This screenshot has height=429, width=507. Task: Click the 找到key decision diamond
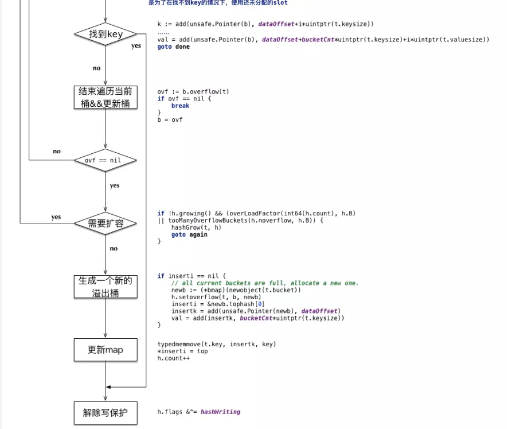[106, 34]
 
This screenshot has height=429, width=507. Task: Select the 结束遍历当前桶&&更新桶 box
[106, 98]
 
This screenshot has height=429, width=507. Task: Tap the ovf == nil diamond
[106, 160]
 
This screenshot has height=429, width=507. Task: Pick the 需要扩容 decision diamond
[106, 223]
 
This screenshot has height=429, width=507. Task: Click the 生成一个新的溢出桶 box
[106, 287]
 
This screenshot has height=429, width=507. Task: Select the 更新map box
[106, 350]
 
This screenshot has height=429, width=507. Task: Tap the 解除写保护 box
[106, 412]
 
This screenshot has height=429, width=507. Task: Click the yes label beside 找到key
[136, 46]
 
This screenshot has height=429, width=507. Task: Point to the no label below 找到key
[96, 68]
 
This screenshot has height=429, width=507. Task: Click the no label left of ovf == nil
[57, 152]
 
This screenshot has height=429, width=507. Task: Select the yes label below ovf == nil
[115, 185]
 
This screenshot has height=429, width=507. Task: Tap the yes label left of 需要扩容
[56, 217]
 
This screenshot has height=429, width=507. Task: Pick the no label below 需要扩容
[114, 249]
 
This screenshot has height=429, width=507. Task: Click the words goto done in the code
[173, 47]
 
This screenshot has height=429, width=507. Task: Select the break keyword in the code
[180, 106]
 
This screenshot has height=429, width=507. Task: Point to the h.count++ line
[173, 358]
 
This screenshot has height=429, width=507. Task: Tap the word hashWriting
[220, 412]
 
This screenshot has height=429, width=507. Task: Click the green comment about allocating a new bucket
[264, 283]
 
